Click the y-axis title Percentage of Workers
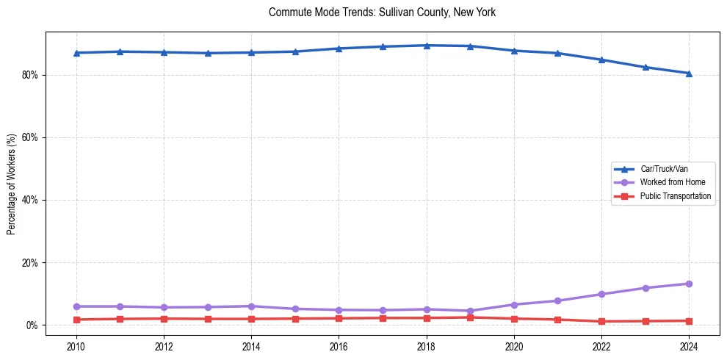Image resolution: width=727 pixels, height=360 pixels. click(12, 184)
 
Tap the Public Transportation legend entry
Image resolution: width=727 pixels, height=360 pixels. click(675, 196)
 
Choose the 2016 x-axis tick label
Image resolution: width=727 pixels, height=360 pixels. click(339, 345)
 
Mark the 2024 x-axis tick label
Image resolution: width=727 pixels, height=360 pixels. click(689, 345)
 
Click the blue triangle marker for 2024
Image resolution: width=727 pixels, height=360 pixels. click(689, 73)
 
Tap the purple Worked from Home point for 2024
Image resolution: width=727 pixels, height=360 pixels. click(689, 284)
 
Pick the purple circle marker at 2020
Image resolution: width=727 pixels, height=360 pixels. click(514, 304)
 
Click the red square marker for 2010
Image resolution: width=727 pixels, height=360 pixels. click(76, 320)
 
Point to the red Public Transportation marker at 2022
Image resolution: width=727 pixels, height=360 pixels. click(601, 321)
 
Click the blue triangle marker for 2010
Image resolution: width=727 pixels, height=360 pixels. click(76, 53)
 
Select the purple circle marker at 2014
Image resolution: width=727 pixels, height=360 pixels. click(251, 306)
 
